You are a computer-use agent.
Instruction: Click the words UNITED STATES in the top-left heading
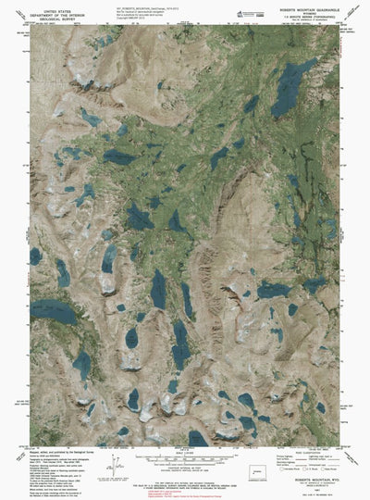tap(47, 6)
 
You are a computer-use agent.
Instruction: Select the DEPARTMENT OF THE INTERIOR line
tap(47, 10)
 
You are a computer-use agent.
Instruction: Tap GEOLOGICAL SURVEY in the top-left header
tap(47, 15)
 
